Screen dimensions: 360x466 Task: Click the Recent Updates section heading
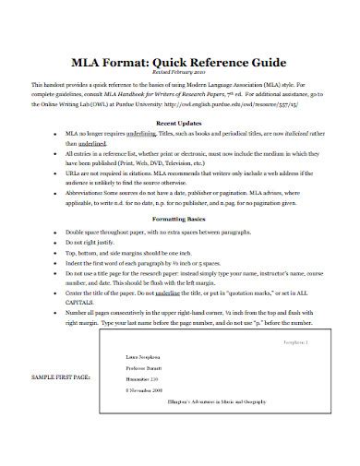pos(180,120)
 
